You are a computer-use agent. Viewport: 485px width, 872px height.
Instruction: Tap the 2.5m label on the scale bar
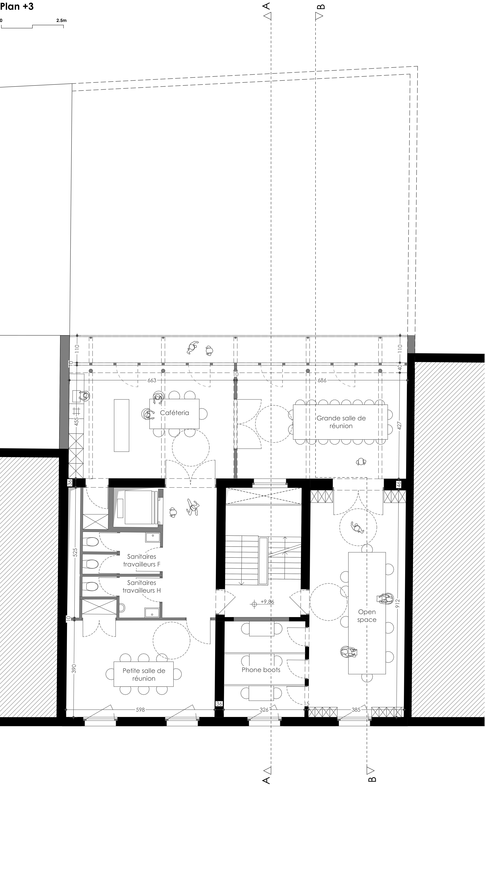61,20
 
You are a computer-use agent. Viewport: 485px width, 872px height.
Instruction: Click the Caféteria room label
175,413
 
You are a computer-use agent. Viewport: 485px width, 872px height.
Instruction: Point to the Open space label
367,616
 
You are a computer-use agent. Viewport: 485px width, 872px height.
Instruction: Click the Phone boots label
261,670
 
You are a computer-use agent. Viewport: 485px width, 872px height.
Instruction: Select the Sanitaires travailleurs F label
142,560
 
